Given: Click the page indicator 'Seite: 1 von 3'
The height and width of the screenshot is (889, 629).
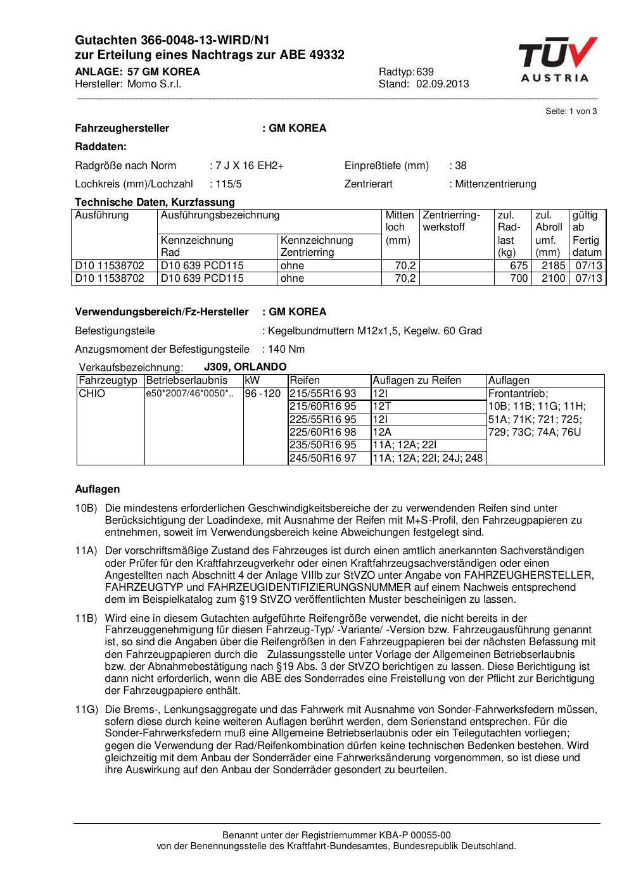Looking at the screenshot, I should pyautogui.click(x=571, y=111).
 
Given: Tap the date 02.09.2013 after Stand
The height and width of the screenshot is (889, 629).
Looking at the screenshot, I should pyautogui.click(x=443, y=84).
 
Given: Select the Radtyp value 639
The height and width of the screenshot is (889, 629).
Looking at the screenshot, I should pyautogui.click(x=425, y=72).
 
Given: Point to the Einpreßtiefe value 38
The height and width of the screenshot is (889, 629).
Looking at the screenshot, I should pyautogui.click(x=461, y=166).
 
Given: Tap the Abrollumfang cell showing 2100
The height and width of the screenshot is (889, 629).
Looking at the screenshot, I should pyautogui.click(x=553, y=278).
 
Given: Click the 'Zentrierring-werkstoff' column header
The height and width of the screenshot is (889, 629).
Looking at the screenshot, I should pyautogui.click(x=452, y=221).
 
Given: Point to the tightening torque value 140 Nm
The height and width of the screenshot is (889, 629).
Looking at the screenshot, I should pyautogui.click(x=286, y=349).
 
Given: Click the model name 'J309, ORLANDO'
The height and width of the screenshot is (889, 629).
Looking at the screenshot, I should pyautogui.click(x=245, y=367).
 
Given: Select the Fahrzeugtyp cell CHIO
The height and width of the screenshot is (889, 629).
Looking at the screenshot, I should pyautogui.click(x=92, y=393).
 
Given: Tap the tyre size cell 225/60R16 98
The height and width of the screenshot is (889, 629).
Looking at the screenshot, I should pyautogui.click(x=322, y=432).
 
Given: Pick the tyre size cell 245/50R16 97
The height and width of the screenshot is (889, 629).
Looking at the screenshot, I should pyautogui.click(x=322, y=458).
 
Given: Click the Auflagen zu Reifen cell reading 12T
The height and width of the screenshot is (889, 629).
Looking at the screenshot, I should pyautogui.click(x=382, y=407).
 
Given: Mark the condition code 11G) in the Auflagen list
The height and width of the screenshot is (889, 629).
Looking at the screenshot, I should pyautogui.click(x=86, y=710).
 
